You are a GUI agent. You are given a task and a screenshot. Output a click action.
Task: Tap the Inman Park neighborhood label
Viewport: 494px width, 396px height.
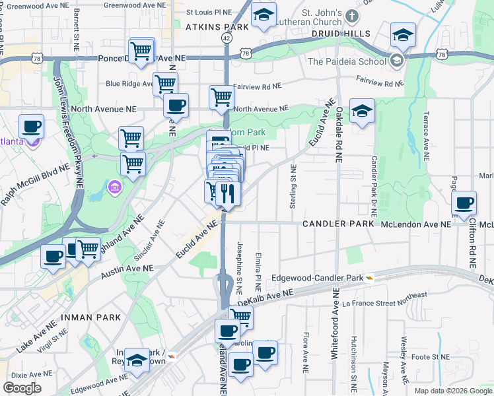[x=91, y=317]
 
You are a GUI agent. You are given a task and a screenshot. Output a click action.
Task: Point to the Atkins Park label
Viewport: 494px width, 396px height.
[x=217, y=27]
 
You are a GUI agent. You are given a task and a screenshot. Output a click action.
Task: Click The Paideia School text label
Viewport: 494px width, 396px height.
[x=347, y=62]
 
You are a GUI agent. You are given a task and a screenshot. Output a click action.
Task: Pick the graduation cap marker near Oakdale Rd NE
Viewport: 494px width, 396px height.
[x=362, y=111]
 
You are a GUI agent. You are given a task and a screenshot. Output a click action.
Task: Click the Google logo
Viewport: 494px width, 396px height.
[x=22, y=388]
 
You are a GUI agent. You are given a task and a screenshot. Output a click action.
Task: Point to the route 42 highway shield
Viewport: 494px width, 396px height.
[x=227, y=39]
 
